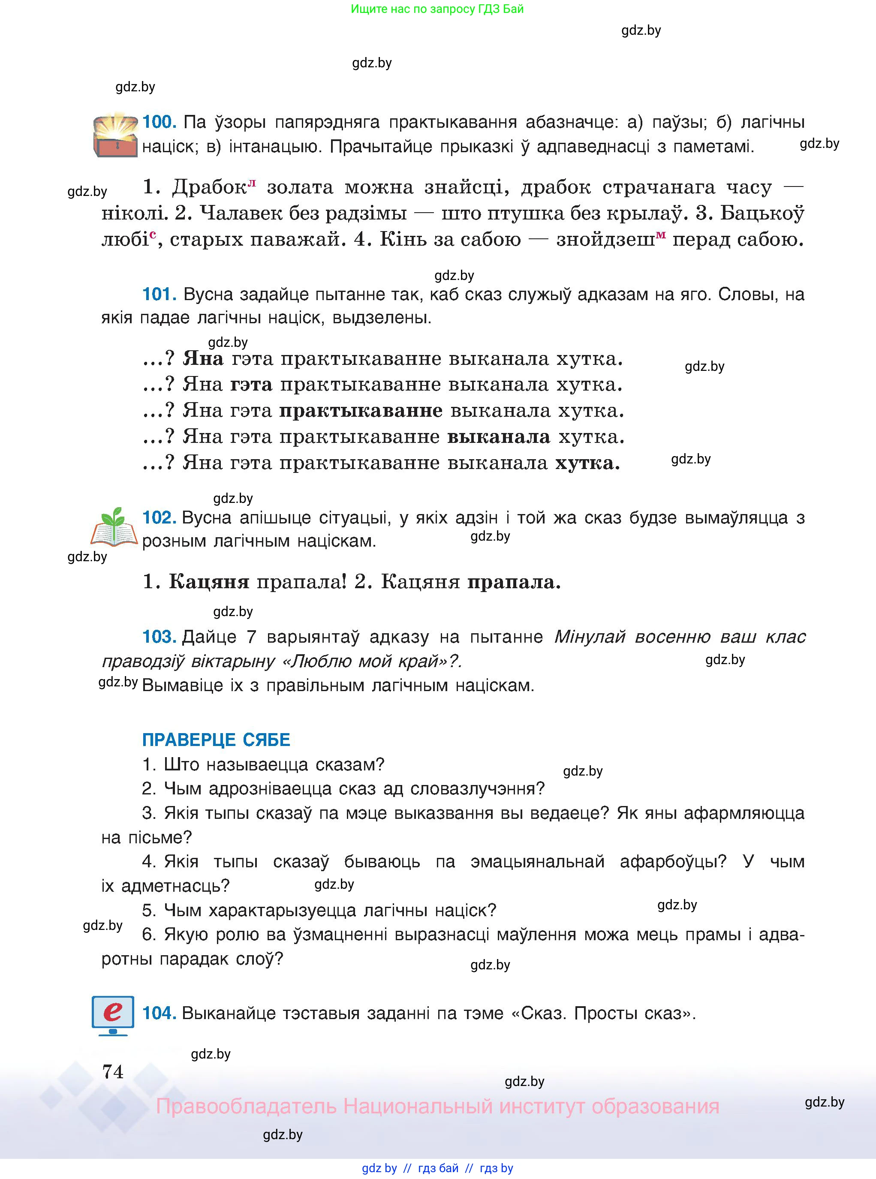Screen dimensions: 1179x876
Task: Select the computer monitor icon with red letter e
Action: [x=113, y=1015]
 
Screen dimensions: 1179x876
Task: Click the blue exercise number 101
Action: [x=159, y=294]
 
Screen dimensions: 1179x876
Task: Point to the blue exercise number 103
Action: [x=159, y=637]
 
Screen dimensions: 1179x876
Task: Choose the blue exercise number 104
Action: [x=159, y=1013]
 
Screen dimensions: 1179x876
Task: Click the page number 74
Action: [x=113, y=1071]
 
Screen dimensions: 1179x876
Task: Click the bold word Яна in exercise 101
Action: [x=203, y=359]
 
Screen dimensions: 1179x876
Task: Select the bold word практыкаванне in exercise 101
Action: [x=361, y=411]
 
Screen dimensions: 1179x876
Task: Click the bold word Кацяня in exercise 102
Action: [x=209, y=582]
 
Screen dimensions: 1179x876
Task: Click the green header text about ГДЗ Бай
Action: [x=437, y=9]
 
